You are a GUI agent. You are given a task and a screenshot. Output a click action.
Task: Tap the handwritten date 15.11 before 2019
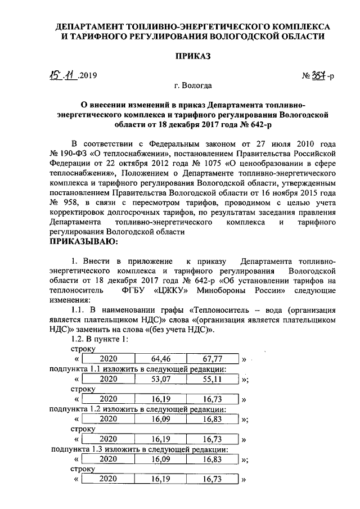(x=62, y=74)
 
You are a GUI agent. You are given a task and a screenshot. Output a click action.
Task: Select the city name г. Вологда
(x=193, y=87)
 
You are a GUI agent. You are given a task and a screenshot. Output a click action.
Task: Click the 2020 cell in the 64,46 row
(x=107, y=359)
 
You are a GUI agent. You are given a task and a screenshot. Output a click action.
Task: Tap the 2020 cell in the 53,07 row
(x=107, y=379)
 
